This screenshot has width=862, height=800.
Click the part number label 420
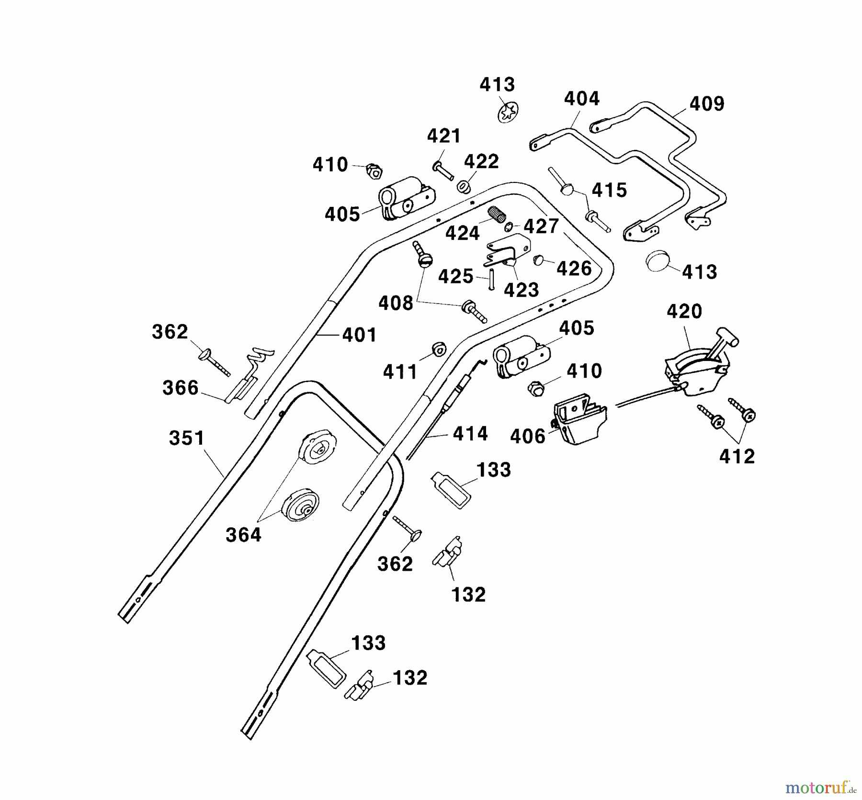[684, 312]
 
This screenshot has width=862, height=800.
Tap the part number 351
[187, 438]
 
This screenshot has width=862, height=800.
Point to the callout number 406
[528, 436]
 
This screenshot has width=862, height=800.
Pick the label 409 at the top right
[707, 104]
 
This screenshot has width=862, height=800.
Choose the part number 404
[582, 99]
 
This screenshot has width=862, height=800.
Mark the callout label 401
[359, 335]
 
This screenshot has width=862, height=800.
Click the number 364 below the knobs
[244, 535]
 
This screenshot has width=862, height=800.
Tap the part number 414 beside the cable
[470, 434]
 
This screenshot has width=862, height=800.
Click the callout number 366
[181, 388]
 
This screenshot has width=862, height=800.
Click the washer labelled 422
[463, 186]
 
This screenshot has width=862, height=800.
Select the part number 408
[396, 303]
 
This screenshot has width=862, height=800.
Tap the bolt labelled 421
[443, 170]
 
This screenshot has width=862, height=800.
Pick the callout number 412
[737, 456]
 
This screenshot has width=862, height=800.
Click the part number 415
[609, 190]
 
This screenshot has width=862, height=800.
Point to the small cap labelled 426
[538, 260]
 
